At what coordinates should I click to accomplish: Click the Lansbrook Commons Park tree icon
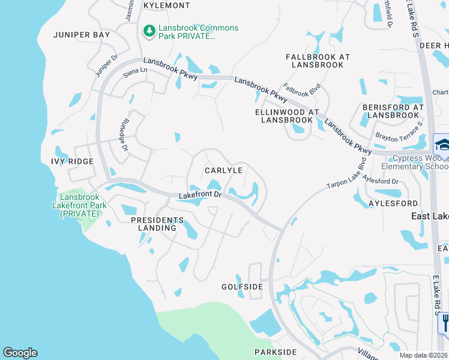click(148, 29)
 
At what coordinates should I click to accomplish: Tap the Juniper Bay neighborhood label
click(82, 35)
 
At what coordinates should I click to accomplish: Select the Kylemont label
click(167, 5)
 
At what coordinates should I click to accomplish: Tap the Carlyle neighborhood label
click(223, 170)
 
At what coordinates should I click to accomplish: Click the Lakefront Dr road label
click(200, 195)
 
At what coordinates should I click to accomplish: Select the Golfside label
click(242, 287)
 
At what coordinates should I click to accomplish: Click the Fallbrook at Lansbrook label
click(318, 60)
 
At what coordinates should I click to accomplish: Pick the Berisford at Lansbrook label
click(393, 111)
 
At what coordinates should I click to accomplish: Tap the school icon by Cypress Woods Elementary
click(442, 145)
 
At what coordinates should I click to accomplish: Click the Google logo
click(20, 353)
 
